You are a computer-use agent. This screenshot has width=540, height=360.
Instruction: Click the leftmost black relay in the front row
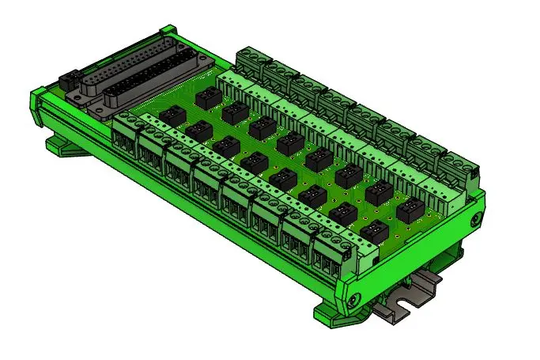pos(171,116)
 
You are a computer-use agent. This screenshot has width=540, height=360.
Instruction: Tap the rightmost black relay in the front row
pos(374,231)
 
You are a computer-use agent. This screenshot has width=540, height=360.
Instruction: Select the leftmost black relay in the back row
pos(208,97)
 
